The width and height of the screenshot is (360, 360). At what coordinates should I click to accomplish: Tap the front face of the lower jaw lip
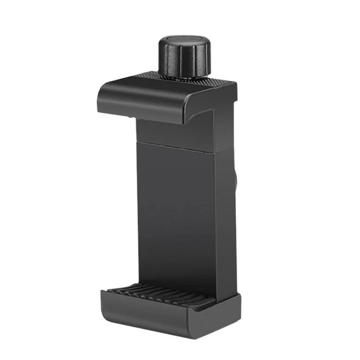[152, 313]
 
